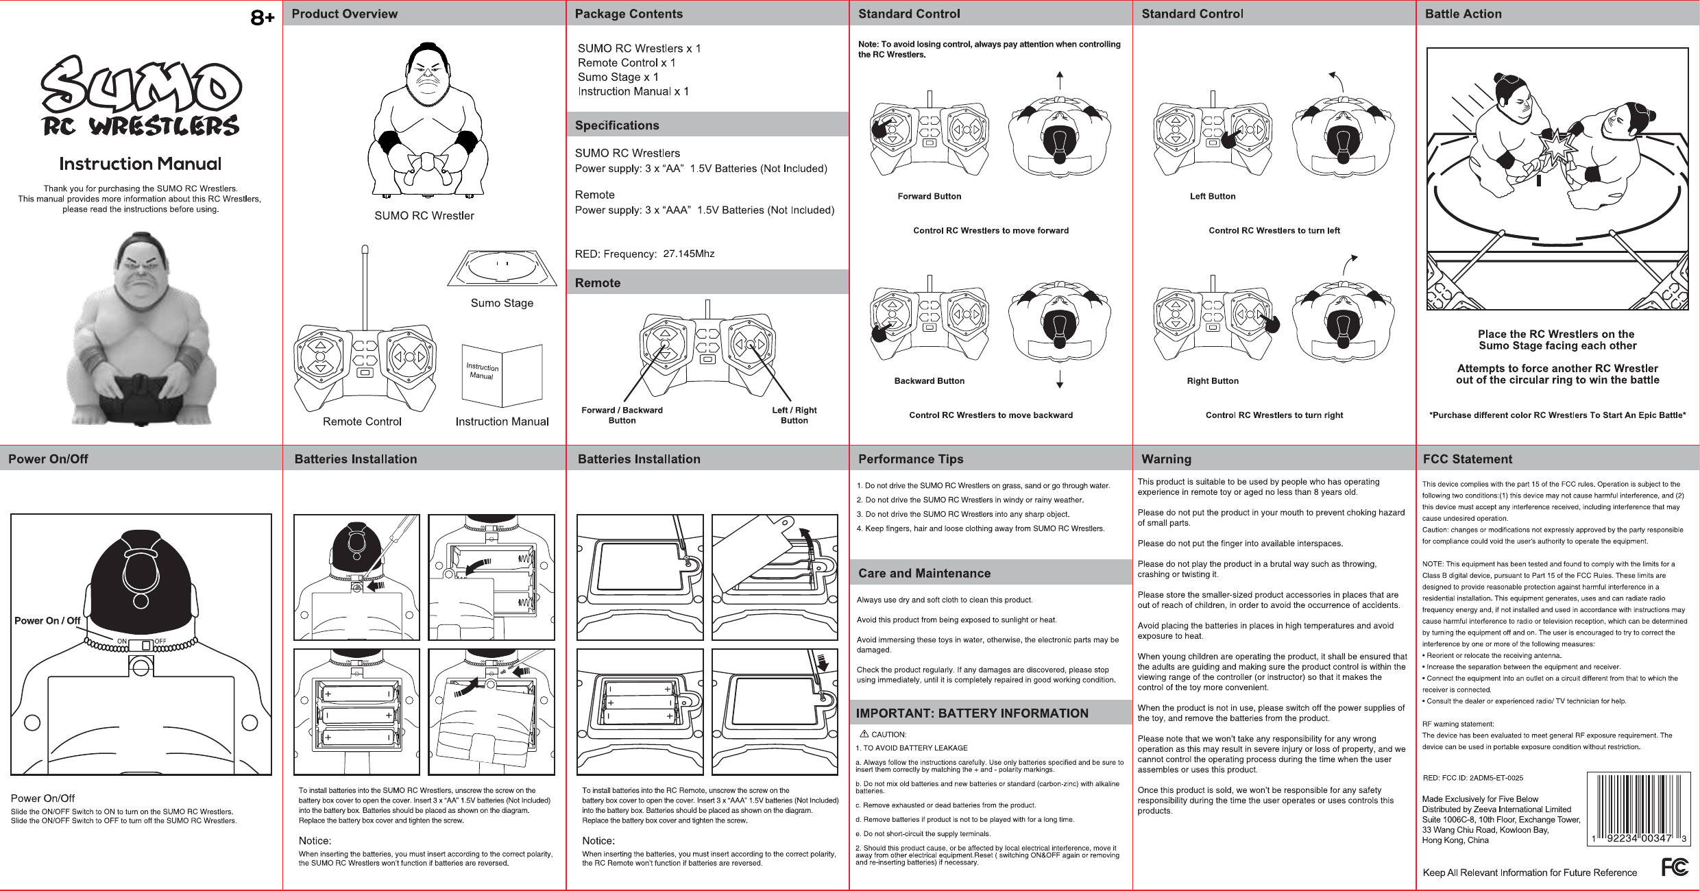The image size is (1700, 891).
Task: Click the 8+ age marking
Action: [262, 18]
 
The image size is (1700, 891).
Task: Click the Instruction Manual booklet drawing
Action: [502, 376]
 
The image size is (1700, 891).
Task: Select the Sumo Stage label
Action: [502, 303]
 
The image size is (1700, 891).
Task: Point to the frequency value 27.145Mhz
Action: [688, 254]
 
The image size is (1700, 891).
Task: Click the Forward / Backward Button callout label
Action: [622, 415]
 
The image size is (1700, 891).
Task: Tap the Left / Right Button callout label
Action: [794, 415]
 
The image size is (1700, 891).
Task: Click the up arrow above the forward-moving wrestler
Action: [1060, 80]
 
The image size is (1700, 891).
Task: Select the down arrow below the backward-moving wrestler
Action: [1060, 380]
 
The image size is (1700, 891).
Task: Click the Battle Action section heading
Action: [1463, 14]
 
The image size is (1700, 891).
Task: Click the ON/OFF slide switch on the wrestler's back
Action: [146, 645]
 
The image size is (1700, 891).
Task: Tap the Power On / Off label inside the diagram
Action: [47, 621]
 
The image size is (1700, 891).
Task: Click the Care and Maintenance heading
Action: [924, 574]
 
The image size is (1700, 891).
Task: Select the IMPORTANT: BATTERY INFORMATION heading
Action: [971, 713]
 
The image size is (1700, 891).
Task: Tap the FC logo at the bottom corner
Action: [1674, 868]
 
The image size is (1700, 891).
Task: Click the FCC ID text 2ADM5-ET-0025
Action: [1496, 778]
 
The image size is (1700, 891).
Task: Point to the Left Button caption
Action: [1213, 197]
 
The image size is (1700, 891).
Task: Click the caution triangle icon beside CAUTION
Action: [864, 734]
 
